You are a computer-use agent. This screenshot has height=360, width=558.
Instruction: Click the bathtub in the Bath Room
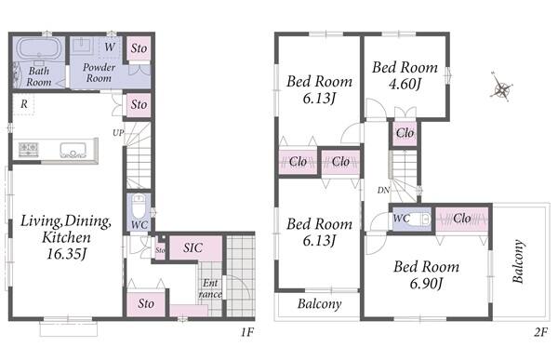coord(39,49)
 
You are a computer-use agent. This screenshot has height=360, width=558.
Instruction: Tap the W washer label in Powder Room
coord(110,47)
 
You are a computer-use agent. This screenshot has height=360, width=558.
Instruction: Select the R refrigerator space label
coord(24,104)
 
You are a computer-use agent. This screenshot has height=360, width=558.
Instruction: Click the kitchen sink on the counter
coord(73,151)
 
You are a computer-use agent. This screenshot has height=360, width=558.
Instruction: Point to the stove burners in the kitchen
coord(28,149)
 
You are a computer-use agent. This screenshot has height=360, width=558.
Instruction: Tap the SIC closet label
coord(193,247)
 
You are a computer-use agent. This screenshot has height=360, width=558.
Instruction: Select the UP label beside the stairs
coord(118,133)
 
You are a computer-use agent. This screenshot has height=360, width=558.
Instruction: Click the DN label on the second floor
coord(383,191)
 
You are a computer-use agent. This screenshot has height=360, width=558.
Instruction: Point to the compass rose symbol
coord(501,87)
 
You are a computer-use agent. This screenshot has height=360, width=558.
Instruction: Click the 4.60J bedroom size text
coord(405,85)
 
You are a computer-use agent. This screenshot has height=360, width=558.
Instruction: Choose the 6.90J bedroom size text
coord(426,284)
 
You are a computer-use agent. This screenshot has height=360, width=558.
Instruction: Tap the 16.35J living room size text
coord(67,254)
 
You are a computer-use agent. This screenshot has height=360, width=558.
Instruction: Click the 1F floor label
coord(246,332)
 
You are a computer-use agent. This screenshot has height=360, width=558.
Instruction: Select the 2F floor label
coord(540,332)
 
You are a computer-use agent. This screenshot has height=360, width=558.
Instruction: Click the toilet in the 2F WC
coord(423,219)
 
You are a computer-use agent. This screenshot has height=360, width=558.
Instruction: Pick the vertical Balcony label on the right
coord(519,261)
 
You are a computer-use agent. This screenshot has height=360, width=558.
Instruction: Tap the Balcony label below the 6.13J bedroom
coord(320,304)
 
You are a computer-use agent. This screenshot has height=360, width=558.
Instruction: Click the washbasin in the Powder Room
coord(83,47)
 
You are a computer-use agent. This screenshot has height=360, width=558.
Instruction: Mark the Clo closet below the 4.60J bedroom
coord(405,134)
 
